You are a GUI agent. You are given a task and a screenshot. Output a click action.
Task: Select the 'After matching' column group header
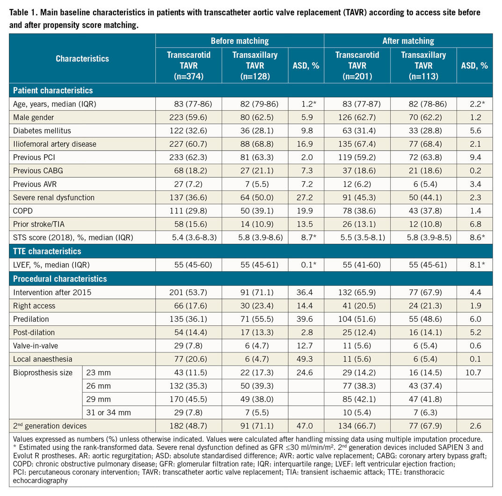[408, 41]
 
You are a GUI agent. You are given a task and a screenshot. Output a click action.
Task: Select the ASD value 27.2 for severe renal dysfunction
[308, 197]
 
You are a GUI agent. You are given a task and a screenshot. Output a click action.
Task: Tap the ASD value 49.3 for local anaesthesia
[308, 359]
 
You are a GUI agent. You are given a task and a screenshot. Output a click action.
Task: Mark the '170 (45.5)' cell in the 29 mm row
[189, 399]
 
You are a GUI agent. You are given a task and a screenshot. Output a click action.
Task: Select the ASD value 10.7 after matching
[477, 373]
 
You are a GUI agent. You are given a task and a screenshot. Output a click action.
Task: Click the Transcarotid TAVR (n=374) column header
[189, 65]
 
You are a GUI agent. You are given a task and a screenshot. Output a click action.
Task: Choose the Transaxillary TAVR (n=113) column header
[423, 65]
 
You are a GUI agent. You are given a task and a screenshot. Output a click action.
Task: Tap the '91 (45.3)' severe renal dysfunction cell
[357, 197]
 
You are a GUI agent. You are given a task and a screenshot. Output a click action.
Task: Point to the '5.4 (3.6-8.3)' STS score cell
[189, 237]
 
